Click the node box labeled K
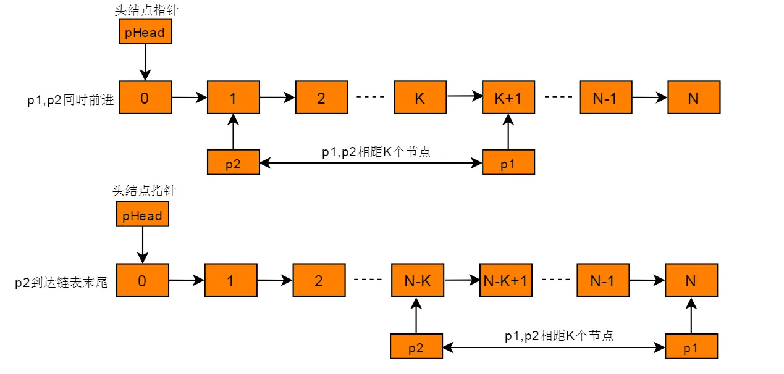coord(420,98)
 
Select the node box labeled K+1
coord(508,98)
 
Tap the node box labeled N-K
coord(418,281)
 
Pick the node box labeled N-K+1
coord(505,281)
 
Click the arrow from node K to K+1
coord(464,97)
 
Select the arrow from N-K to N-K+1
coord(462,280)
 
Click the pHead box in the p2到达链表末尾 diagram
coord(142,216)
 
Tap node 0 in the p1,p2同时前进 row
coord(145,98)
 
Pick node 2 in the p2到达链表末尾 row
coord(319,281)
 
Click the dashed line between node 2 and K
coord(371,98)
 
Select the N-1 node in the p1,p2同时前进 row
coord(605,98)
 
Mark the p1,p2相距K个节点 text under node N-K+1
coord(558,336)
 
